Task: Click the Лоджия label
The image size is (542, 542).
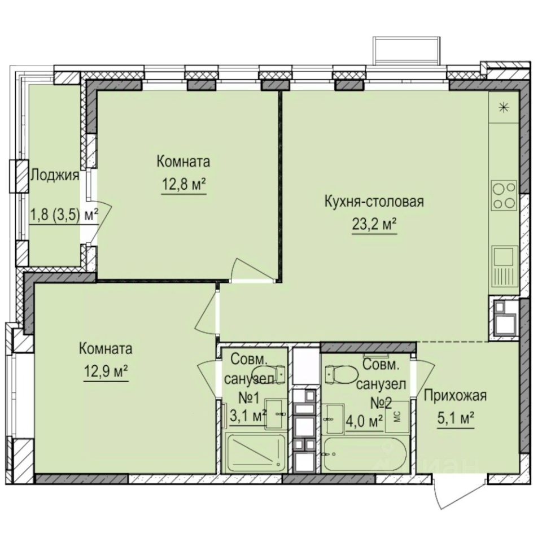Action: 54,174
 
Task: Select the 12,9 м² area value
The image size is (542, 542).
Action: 106,370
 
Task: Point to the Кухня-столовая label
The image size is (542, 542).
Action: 374,201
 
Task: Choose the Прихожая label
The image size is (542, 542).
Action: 455,396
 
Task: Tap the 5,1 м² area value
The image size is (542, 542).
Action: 455,418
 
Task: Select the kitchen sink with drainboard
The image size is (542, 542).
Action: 504,266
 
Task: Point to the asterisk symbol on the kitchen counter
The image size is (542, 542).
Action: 504,107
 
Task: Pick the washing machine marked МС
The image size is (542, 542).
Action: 397,416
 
